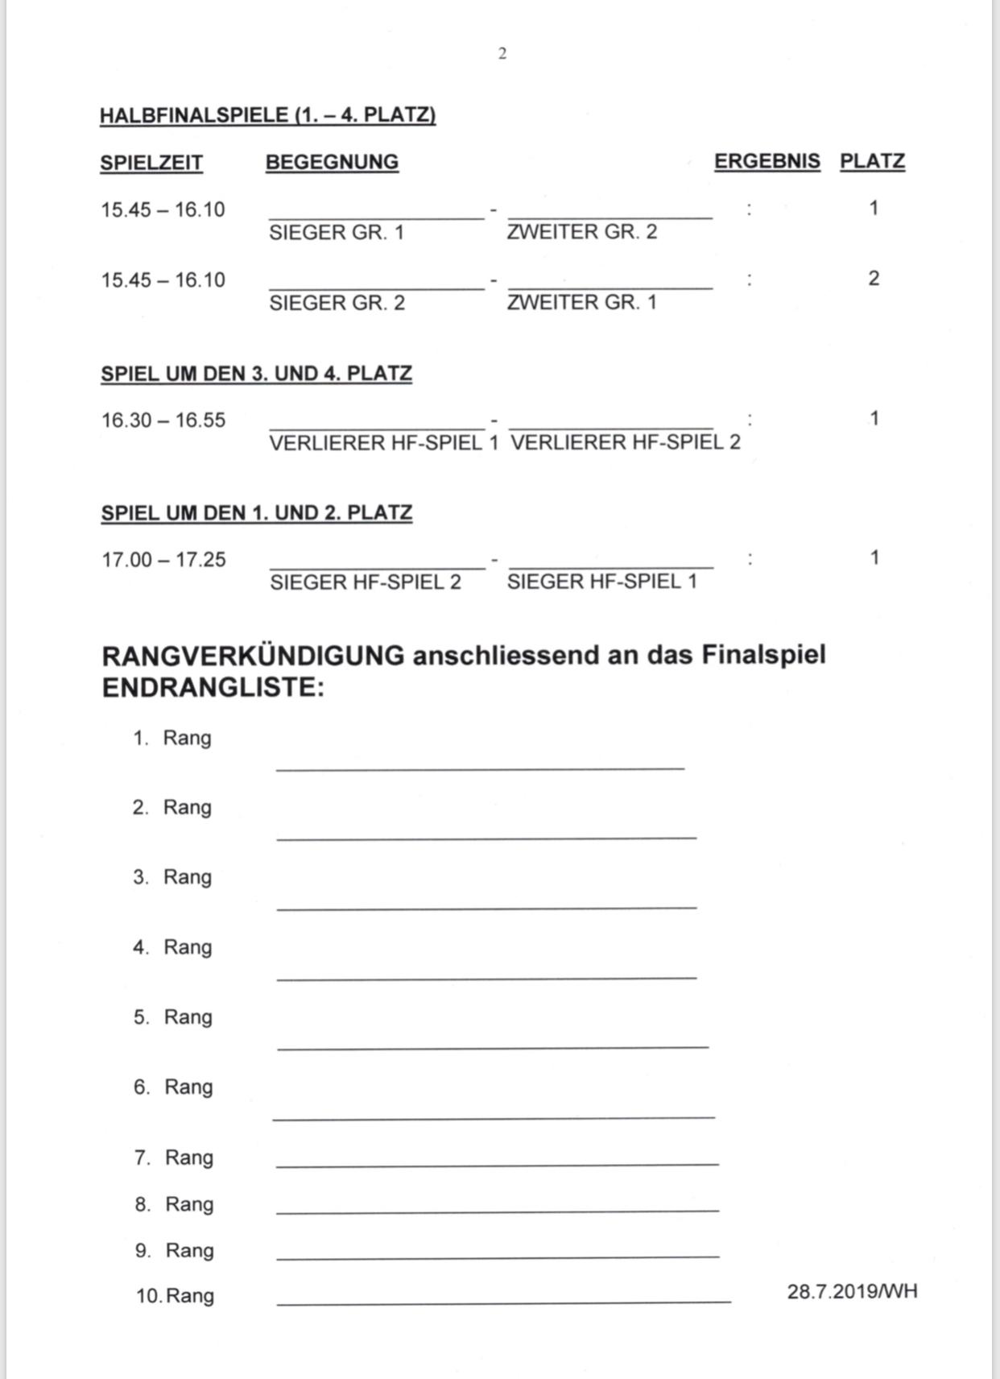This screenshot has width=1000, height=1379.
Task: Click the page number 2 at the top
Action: point(502,54)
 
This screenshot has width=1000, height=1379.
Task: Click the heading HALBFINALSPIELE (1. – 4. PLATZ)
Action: point(267,115)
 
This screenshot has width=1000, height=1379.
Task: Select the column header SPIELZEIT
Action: point(151,163)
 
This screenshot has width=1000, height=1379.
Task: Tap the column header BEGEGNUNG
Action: point(332,162)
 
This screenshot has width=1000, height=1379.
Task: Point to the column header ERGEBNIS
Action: point(767,161)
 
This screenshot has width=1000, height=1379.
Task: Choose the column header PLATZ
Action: point(872,161)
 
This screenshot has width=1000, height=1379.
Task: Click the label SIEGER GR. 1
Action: point(337,233)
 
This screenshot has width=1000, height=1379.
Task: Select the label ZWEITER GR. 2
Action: point(581,232)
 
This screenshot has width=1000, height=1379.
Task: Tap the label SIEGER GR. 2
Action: point(337,303)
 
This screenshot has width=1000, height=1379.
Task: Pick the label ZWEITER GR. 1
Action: point(581,302)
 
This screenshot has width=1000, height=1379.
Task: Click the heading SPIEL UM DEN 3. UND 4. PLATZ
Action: point(256,374)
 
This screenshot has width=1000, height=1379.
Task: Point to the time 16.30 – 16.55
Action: point(163,420)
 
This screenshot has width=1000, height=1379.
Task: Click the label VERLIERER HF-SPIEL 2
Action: point(625,442)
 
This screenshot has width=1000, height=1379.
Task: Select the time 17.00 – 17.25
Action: point(163,560)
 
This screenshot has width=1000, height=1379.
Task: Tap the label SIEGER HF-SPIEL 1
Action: point(601,582)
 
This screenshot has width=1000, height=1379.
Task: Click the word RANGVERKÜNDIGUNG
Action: point(253,656)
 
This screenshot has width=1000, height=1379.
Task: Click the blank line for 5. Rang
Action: point(493,1046)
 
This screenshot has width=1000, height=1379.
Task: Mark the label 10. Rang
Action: point(175,1296)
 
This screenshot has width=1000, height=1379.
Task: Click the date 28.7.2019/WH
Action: point(852,1292)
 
